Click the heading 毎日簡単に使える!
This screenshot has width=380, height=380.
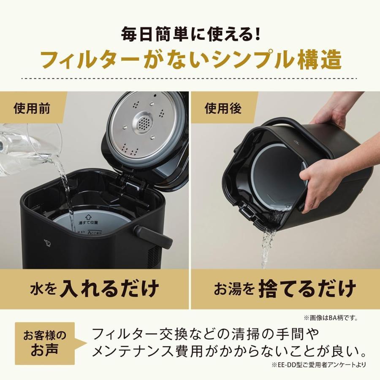(x=190, y=34)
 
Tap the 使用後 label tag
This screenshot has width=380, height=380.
(x=223, y=109)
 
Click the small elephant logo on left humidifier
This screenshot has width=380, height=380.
(x=47, y=243)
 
